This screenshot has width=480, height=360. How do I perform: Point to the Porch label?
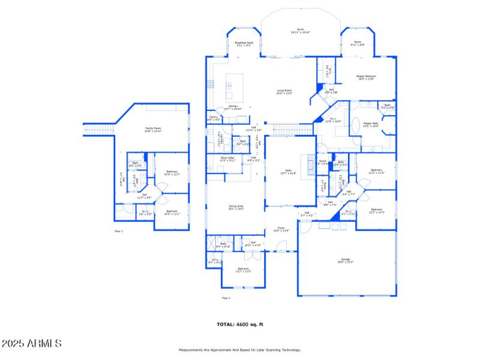pos(301,31)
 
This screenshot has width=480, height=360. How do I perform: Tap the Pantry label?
pos(213,118)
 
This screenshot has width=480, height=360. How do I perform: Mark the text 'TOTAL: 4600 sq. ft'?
pos(240,324)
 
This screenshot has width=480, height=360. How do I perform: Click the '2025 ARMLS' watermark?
pos(31,344)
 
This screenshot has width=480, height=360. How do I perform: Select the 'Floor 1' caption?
pos(118,231)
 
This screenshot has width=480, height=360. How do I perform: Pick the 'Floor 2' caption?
pos(226,298)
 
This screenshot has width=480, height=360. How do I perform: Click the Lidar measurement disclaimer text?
pos(240,350)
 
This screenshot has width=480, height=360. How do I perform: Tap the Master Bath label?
pos(371,124)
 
